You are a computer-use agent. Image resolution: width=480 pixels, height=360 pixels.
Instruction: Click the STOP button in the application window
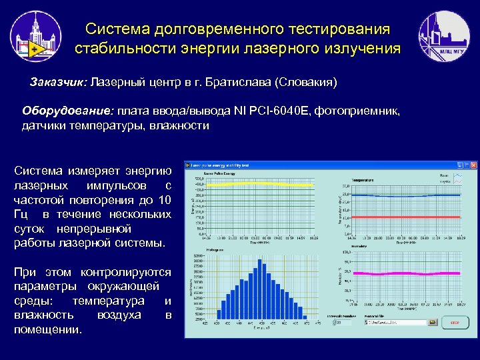click(x=454, y=322)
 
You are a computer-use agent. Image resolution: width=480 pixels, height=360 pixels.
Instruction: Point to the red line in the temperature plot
click(x=400, y=217)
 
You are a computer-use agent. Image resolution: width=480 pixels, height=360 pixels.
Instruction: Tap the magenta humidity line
click(x=400, y=273)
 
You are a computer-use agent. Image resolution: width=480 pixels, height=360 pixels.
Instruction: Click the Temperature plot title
click(x=363, y=180)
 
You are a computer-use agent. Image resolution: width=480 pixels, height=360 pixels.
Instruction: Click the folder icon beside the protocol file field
click(x=432, y=322)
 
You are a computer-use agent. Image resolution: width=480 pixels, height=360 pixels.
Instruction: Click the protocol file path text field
click(x=396, y=322)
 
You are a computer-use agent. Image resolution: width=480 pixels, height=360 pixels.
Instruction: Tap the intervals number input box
click(x=343, y=322)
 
